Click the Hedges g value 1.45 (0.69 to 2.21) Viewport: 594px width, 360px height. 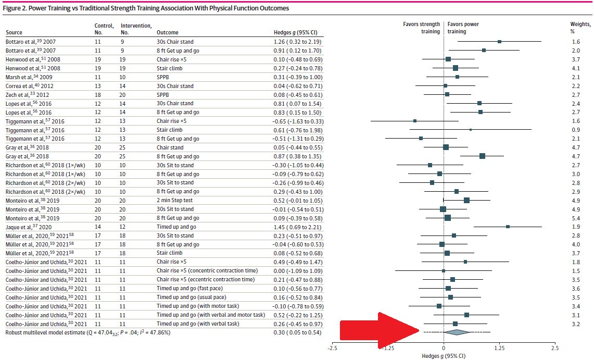[x=297, y=227]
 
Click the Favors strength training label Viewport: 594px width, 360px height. [x=421, y=28]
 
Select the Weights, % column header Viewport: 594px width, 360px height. [x=580, y=28]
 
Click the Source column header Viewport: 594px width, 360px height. [x=14, y=32]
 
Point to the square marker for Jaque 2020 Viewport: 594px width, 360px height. [x=508, y=227]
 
